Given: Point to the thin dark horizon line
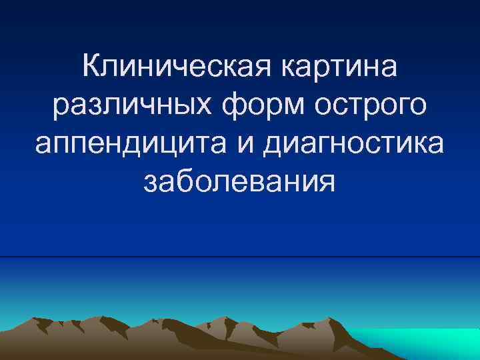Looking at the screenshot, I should click(240, 257).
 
